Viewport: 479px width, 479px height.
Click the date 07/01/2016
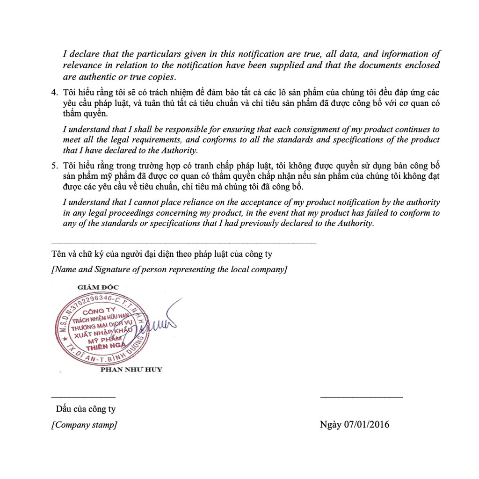pos(366,425)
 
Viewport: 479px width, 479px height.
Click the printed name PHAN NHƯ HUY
pos(131,370)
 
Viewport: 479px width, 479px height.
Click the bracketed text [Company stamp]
pos(85,425)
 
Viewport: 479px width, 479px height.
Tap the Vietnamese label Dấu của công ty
pos(86,409)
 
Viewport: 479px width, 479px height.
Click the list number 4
pos(54,92)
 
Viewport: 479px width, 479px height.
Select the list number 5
pos(54,166)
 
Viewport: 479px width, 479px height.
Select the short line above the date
pos(361,397)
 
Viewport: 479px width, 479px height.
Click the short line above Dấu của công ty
pos(83,397)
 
